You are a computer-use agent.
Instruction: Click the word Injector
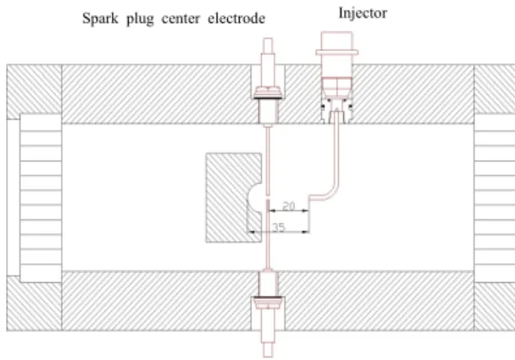[x=363, y=14]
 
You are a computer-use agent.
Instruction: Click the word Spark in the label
[x=100, y=19]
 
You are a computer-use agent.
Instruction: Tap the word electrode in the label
[x=236, y=18]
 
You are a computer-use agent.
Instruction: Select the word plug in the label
[x=140, y=19]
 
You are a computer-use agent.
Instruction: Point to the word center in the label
[x=180, y=19]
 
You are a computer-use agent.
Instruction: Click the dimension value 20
[x=289, y=206]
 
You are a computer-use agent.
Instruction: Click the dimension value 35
[x=279, y=227]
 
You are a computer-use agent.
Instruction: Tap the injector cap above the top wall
[x=336, y=43]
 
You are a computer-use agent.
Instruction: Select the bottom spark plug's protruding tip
[x=268, y=350]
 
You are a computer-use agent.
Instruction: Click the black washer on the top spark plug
[x=268, y=97]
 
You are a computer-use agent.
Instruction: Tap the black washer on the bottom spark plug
[x=268, y=298]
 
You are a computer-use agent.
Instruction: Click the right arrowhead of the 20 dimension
[x=306, y=211]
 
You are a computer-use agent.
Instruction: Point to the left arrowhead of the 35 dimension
[x=251, y=232]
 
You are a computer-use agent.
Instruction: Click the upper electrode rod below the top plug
[x=268, y=161]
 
